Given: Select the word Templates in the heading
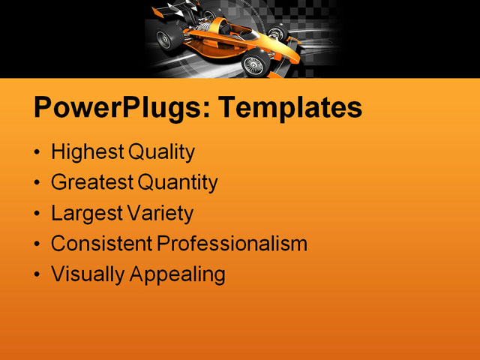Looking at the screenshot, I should point(289,108).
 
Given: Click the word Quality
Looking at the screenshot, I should point(162,153).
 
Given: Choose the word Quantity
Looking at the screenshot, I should point(177,183).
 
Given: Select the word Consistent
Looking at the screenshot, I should point(101,244).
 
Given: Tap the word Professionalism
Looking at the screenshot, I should point(232,244).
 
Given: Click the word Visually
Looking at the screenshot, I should point(88,274).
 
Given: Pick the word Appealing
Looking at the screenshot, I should point(178,274).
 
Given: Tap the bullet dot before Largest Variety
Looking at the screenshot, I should point(38,214).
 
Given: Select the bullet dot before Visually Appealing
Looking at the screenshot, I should point(38,275).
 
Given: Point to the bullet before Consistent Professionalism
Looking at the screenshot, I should point(38,244).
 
